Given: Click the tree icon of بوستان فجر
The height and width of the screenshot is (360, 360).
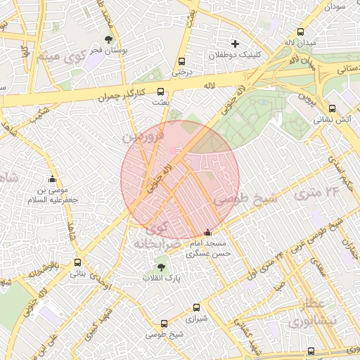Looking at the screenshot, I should point(108,39).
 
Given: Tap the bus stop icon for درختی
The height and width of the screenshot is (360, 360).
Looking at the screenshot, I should point(182,61).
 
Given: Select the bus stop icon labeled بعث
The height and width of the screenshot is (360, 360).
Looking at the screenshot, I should point(161,91).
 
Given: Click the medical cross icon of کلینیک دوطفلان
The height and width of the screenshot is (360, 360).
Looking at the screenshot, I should point(236,44).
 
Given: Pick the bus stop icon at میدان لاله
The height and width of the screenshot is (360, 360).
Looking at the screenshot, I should point(301,32).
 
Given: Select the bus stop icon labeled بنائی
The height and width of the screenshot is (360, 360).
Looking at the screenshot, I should point(77,263).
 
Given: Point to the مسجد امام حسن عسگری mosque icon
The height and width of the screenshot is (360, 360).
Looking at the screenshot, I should point(207,233).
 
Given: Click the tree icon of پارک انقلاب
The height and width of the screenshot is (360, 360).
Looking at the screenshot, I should point(162,267).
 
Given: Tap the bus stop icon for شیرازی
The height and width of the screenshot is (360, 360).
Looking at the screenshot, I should point(195,307).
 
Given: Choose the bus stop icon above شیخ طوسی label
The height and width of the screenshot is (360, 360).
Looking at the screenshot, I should point(164,323).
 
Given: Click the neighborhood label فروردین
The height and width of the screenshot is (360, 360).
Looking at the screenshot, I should point(143,134).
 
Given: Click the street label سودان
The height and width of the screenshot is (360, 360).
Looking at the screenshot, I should point(335,6).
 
